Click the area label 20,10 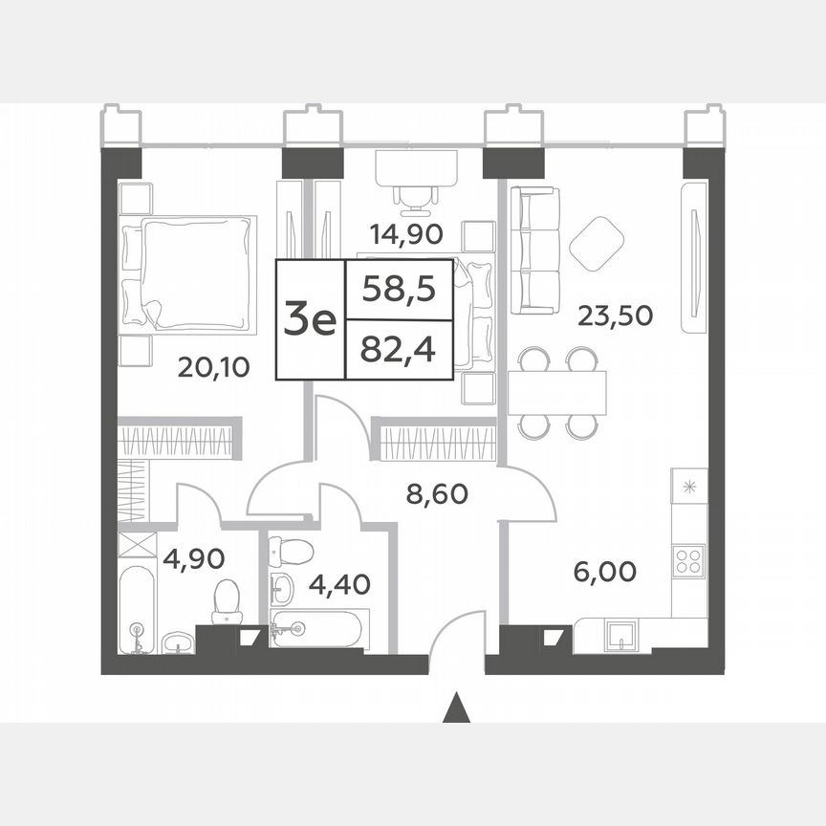[x=214, y=367]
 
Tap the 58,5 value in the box [x=399, y=288]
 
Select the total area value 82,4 [x=399, y=350]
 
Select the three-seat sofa [x=534, y=250]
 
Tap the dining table [x=557, y=392]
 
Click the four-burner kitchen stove [x=688, y=560]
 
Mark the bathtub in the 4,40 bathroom [x=315, y=629]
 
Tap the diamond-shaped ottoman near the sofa [x=598, y=242]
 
